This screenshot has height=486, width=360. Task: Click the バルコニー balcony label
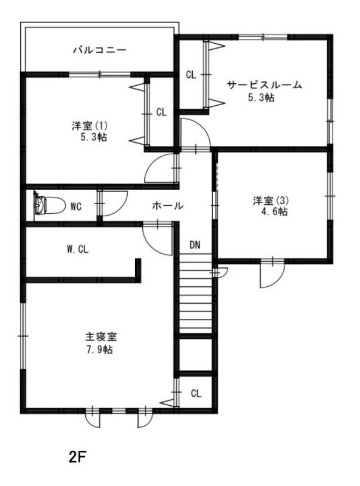point(100,50)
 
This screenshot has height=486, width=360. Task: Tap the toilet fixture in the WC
point(50,205)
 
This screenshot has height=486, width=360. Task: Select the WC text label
point(76,207)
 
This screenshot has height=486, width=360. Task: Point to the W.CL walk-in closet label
point(78,249)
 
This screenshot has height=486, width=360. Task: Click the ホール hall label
point(168,205)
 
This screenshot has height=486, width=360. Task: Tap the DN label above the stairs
point(195,245)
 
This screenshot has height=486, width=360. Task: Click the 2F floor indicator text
point(77,457)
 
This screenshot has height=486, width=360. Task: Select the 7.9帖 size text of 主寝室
point(99,350)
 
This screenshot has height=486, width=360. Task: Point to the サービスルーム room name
point(265,85)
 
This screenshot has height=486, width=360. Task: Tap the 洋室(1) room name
point(89,126)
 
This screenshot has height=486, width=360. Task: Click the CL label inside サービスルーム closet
point(191,75)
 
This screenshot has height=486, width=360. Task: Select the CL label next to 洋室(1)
point(161,112)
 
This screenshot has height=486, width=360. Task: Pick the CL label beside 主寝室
point(196,393)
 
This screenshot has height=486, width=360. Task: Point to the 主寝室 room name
point(101,337)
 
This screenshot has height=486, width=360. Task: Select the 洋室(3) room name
point(271,200)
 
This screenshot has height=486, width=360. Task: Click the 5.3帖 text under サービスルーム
point(261,98)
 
